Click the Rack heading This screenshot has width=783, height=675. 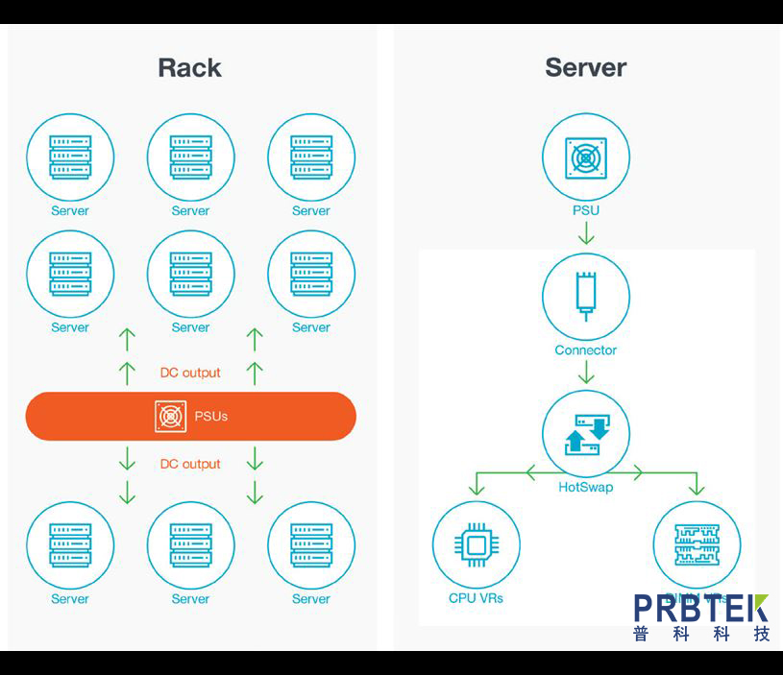tap(189, 68)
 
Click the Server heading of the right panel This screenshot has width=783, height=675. tap(585, 68)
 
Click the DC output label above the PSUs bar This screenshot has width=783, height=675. tap(190, 373)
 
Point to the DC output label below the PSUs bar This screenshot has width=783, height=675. tap(190, 464)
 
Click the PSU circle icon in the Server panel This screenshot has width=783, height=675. tap(585, 157)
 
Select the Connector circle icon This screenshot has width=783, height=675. tap(585, 297)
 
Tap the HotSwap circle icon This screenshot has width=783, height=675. tap(585, 435)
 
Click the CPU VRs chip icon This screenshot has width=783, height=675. tap(476, 545)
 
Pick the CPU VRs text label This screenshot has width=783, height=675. tap(476, 598)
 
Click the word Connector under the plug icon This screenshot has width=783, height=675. tap(585, 350)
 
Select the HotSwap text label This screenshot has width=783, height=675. tap(585, 487)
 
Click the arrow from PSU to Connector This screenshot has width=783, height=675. tap(585, 233)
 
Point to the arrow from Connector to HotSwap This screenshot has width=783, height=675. tap(585, 374)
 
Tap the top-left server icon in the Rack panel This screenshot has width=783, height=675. tap(70, 157)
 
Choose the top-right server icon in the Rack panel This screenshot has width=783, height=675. tap(311, 157)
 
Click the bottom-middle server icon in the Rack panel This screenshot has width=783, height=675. tap(190, 544)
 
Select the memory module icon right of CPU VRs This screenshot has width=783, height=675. tap(697, 544)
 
